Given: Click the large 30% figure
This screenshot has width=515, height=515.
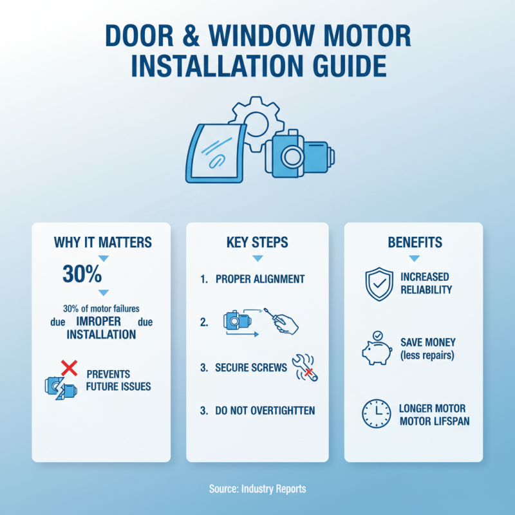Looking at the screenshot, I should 82,274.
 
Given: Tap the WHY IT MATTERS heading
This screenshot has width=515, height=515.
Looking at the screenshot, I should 103,243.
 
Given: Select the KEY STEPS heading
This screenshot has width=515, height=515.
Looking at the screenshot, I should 257,243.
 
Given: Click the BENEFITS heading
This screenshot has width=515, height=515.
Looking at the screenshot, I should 415,243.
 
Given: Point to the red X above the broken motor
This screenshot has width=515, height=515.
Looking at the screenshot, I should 68,368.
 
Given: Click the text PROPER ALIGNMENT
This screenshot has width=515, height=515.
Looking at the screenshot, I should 260,280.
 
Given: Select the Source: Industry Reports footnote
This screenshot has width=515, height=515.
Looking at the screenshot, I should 257,489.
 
